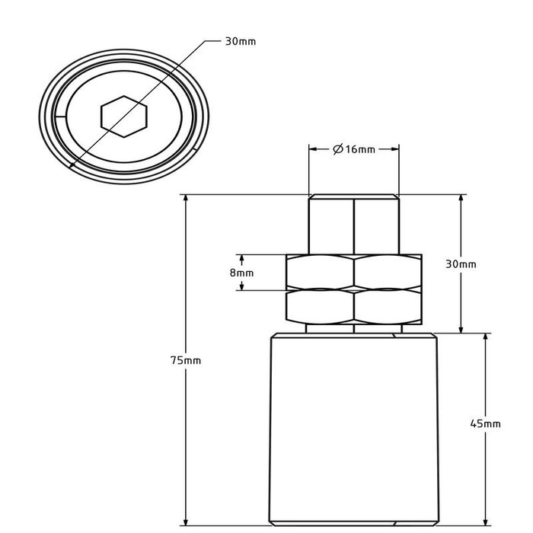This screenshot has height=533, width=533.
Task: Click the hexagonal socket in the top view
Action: click(x=123, y=116)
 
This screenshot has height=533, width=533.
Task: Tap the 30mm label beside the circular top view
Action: click(x=241, y=41)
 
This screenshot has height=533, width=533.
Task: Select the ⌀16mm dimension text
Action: click(x=354, y=149)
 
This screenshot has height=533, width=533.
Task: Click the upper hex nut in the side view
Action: click(x=354, y=270)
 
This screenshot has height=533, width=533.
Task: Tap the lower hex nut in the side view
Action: click(x=354, y=306)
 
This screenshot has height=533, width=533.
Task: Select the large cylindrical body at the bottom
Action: click(x=354, y=430)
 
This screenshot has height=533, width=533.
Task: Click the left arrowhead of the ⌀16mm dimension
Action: click(x=313, y=149)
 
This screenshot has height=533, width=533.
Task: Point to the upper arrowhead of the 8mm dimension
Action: click(x=242, y=258)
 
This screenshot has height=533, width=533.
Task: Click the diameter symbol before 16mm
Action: click(x=337, y=149)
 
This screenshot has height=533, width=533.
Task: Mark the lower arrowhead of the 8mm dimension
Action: click(x=242, y=286)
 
